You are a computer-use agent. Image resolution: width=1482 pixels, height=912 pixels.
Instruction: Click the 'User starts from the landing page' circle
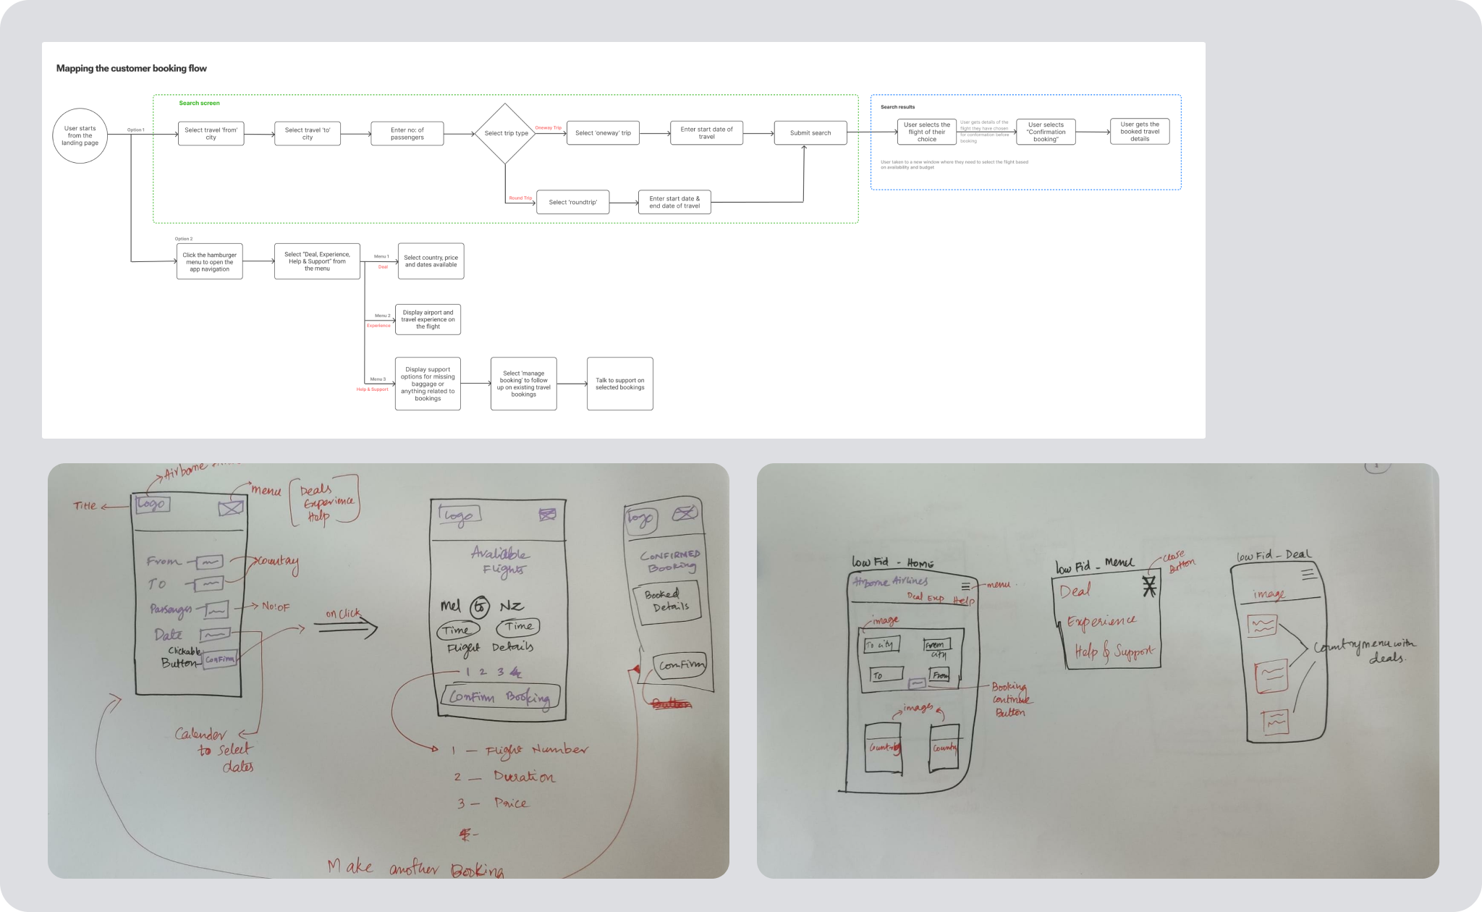(80, 135)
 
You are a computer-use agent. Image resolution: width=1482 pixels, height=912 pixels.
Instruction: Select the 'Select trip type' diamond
(506, 133)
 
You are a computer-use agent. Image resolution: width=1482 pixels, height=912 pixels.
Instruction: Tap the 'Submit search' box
(810, 133)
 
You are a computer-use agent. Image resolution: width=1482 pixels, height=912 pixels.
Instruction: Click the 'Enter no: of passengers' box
(407, 133)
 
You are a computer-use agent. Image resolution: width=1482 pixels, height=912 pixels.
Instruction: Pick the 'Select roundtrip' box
(572, 202)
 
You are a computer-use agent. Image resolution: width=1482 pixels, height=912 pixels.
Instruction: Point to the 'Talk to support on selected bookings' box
(619, 384)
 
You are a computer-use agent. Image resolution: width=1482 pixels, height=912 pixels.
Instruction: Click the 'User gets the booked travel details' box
(1140, 132)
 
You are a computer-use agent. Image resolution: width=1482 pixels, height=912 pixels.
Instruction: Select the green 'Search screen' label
(199, 104)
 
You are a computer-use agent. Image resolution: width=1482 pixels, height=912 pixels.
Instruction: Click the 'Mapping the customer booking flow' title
(132, 69)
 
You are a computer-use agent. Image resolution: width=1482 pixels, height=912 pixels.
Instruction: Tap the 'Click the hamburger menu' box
(209, 261)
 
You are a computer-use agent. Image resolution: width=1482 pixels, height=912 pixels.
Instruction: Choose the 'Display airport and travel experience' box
(428, 319)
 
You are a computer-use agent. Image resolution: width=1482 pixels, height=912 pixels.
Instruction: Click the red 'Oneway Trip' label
(548, 128)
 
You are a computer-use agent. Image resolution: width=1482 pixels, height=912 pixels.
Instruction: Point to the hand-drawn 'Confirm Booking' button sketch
(500, 697)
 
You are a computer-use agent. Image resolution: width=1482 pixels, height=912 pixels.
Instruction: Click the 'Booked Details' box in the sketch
(666, 601)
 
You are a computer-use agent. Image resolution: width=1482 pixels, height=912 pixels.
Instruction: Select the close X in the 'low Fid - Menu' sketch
(1149, 586)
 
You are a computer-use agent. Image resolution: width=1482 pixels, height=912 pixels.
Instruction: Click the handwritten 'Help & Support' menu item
(1114, 651)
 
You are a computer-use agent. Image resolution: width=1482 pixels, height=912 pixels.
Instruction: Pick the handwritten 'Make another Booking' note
(416, 867)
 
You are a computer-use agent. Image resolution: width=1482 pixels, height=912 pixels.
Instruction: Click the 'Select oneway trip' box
(603, 133)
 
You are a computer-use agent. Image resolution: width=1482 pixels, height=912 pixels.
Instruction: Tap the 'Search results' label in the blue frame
(897, 107)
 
